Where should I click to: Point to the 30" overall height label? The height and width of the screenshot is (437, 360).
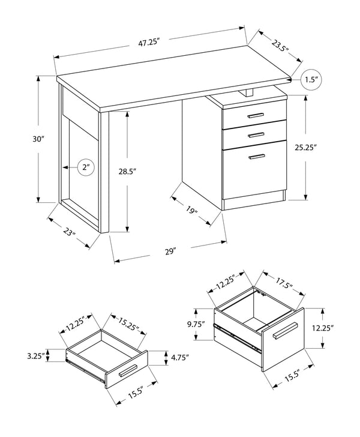click(x=22, y=139)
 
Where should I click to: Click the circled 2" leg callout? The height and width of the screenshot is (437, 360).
click(x=85, y=168)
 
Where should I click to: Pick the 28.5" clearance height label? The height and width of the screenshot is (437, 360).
click(x=127, y=172)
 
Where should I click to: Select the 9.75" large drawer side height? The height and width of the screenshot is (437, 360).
click(x=196, y=325)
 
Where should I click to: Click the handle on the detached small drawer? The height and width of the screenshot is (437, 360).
click(x=128, y=373)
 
